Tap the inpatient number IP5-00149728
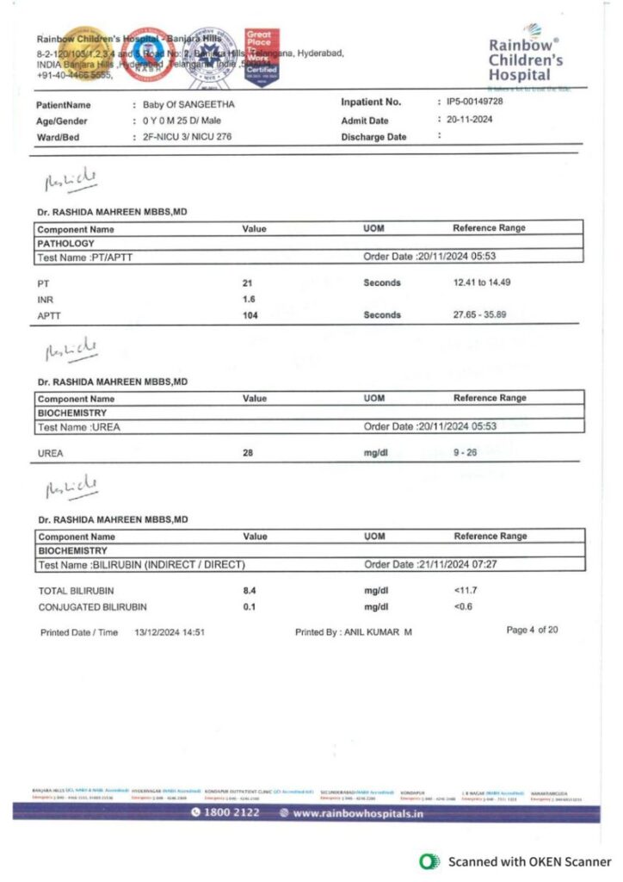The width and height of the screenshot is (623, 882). (469, 102)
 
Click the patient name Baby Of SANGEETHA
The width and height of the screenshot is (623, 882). (188, 105)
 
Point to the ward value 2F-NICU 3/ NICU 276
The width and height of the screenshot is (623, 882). (187, 137)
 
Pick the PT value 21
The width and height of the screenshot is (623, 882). (248, 283)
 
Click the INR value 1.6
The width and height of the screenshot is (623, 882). (249, 299)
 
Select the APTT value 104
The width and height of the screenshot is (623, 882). (250, 315)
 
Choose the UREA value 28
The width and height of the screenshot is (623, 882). (248, 452)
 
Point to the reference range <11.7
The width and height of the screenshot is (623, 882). (466, 591)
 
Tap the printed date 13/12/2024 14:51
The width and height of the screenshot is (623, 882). (169, 632)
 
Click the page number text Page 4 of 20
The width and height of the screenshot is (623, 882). (532, 630)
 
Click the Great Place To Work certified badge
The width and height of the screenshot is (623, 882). (262, 57)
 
